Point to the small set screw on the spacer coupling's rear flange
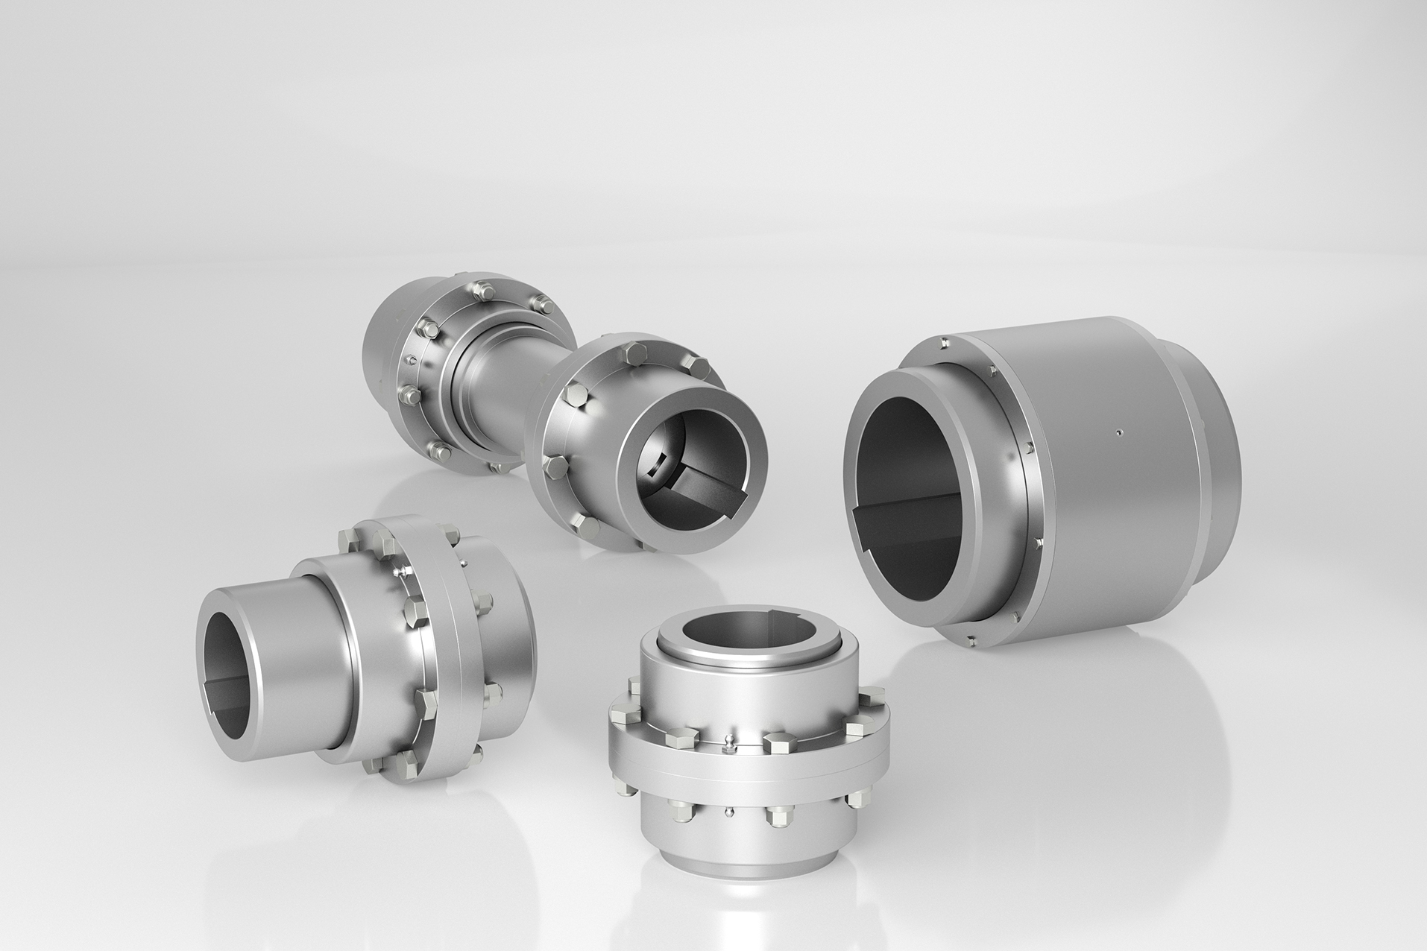coord(409,359)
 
